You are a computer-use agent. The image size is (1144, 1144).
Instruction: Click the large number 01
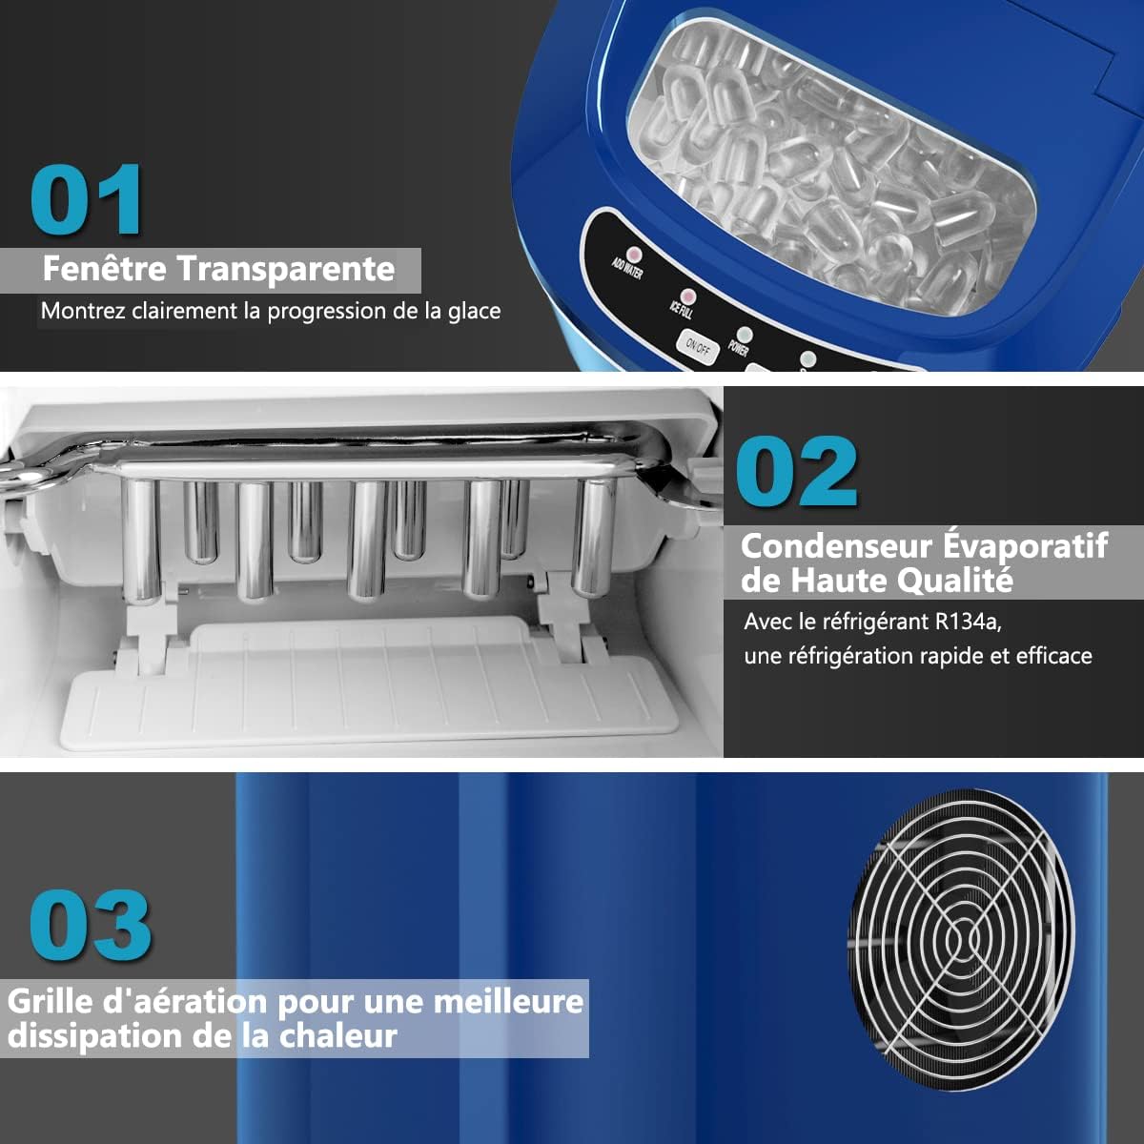[x=87, y=199]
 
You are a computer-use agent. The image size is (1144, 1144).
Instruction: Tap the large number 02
[x=797, y=471]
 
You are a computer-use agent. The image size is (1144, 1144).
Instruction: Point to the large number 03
[x=91, y=926]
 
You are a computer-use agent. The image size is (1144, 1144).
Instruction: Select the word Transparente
[x=286, y=270]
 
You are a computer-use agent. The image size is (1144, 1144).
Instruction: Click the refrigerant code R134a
[x=969, y=622]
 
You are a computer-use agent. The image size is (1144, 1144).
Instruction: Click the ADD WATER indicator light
[x=634, y=255]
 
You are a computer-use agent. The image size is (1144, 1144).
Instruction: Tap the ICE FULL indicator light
[x=688, y=296]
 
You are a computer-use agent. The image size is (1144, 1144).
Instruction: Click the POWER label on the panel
[x=738, y=348]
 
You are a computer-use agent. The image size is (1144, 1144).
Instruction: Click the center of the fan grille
[x=962, y=939]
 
